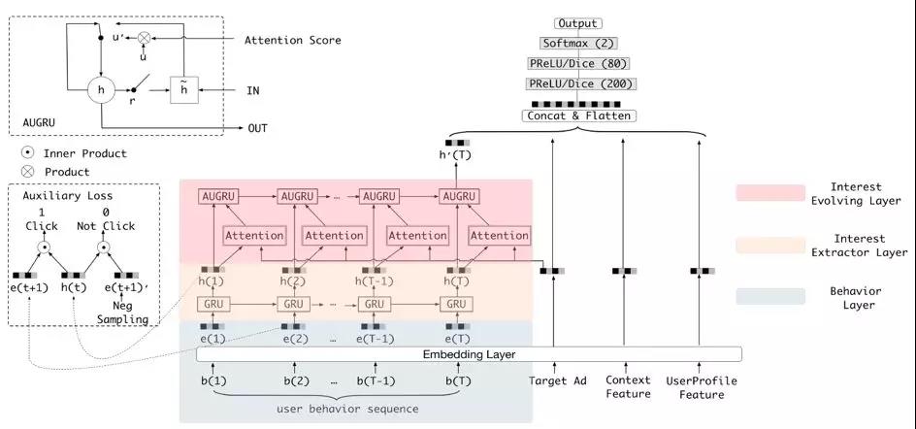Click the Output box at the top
click(578, 23)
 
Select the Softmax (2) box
click(578, 44)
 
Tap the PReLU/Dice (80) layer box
click(578, 64)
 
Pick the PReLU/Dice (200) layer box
click(578, 84)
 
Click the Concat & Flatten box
click(578, 116)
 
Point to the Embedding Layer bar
click(461, 354)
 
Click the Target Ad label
click(554, 380)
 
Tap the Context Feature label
click(628, 386)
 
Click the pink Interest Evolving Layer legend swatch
click(770, 193)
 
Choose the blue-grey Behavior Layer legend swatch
click(770, 296)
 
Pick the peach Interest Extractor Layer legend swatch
click(770, 245)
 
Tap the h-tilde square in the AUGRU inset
click(184, 89)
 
